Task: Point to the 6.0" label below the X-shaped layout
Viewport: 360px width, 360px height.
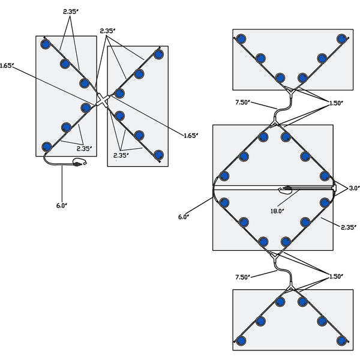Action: (62, 205)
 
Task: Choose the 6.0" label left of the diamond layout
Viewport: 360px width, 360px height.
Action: (184, 216)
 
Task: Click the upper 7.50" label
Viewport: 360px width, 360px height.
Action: (244, 103)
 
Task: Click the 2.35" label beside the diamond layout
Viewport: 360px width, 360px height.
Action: (348, 227)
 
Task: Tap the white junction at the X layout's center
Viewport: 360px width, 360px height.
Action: (102, 100)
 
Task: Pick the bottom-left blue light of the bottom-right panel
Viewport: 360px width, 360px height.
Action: (241, 341)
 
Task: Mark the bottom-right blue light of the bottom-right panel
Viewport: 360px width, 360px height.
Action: (341, 341)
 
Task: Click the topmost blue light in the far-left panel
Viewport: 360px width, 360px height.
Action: (46, 44)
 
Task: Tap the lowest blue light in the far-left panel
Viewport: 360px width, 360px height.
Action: (46, 146)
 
